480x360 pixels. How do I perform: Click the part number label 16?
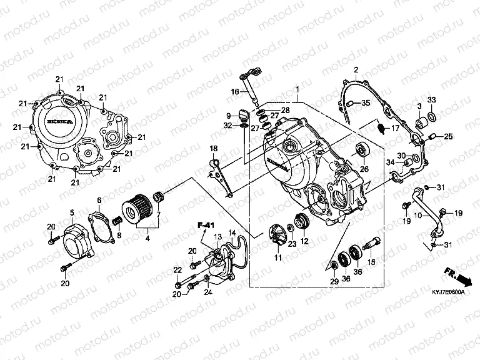pyautogui.click(x=234, y=92)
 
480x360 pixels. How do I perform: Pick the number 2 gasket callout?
pyautogui.click(x=356, y=69)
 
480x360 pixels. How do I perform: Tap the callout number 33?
pyautogui.click(x=431, y=100)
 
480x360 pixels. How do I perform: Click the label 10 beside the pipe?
pyautogui.click(x=418, y=216)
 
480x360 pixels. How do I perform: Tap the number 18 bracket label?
pyautogui.click(x=213, y=148)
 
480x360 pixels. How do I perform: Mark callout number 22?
pyautogui.click(x=177, y=270)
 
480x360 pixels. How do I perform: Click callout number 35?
pyautogui.click(x=366, y=103)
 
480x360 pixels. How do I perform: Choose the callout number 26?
pyautogui.click(x=364, y=167)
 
